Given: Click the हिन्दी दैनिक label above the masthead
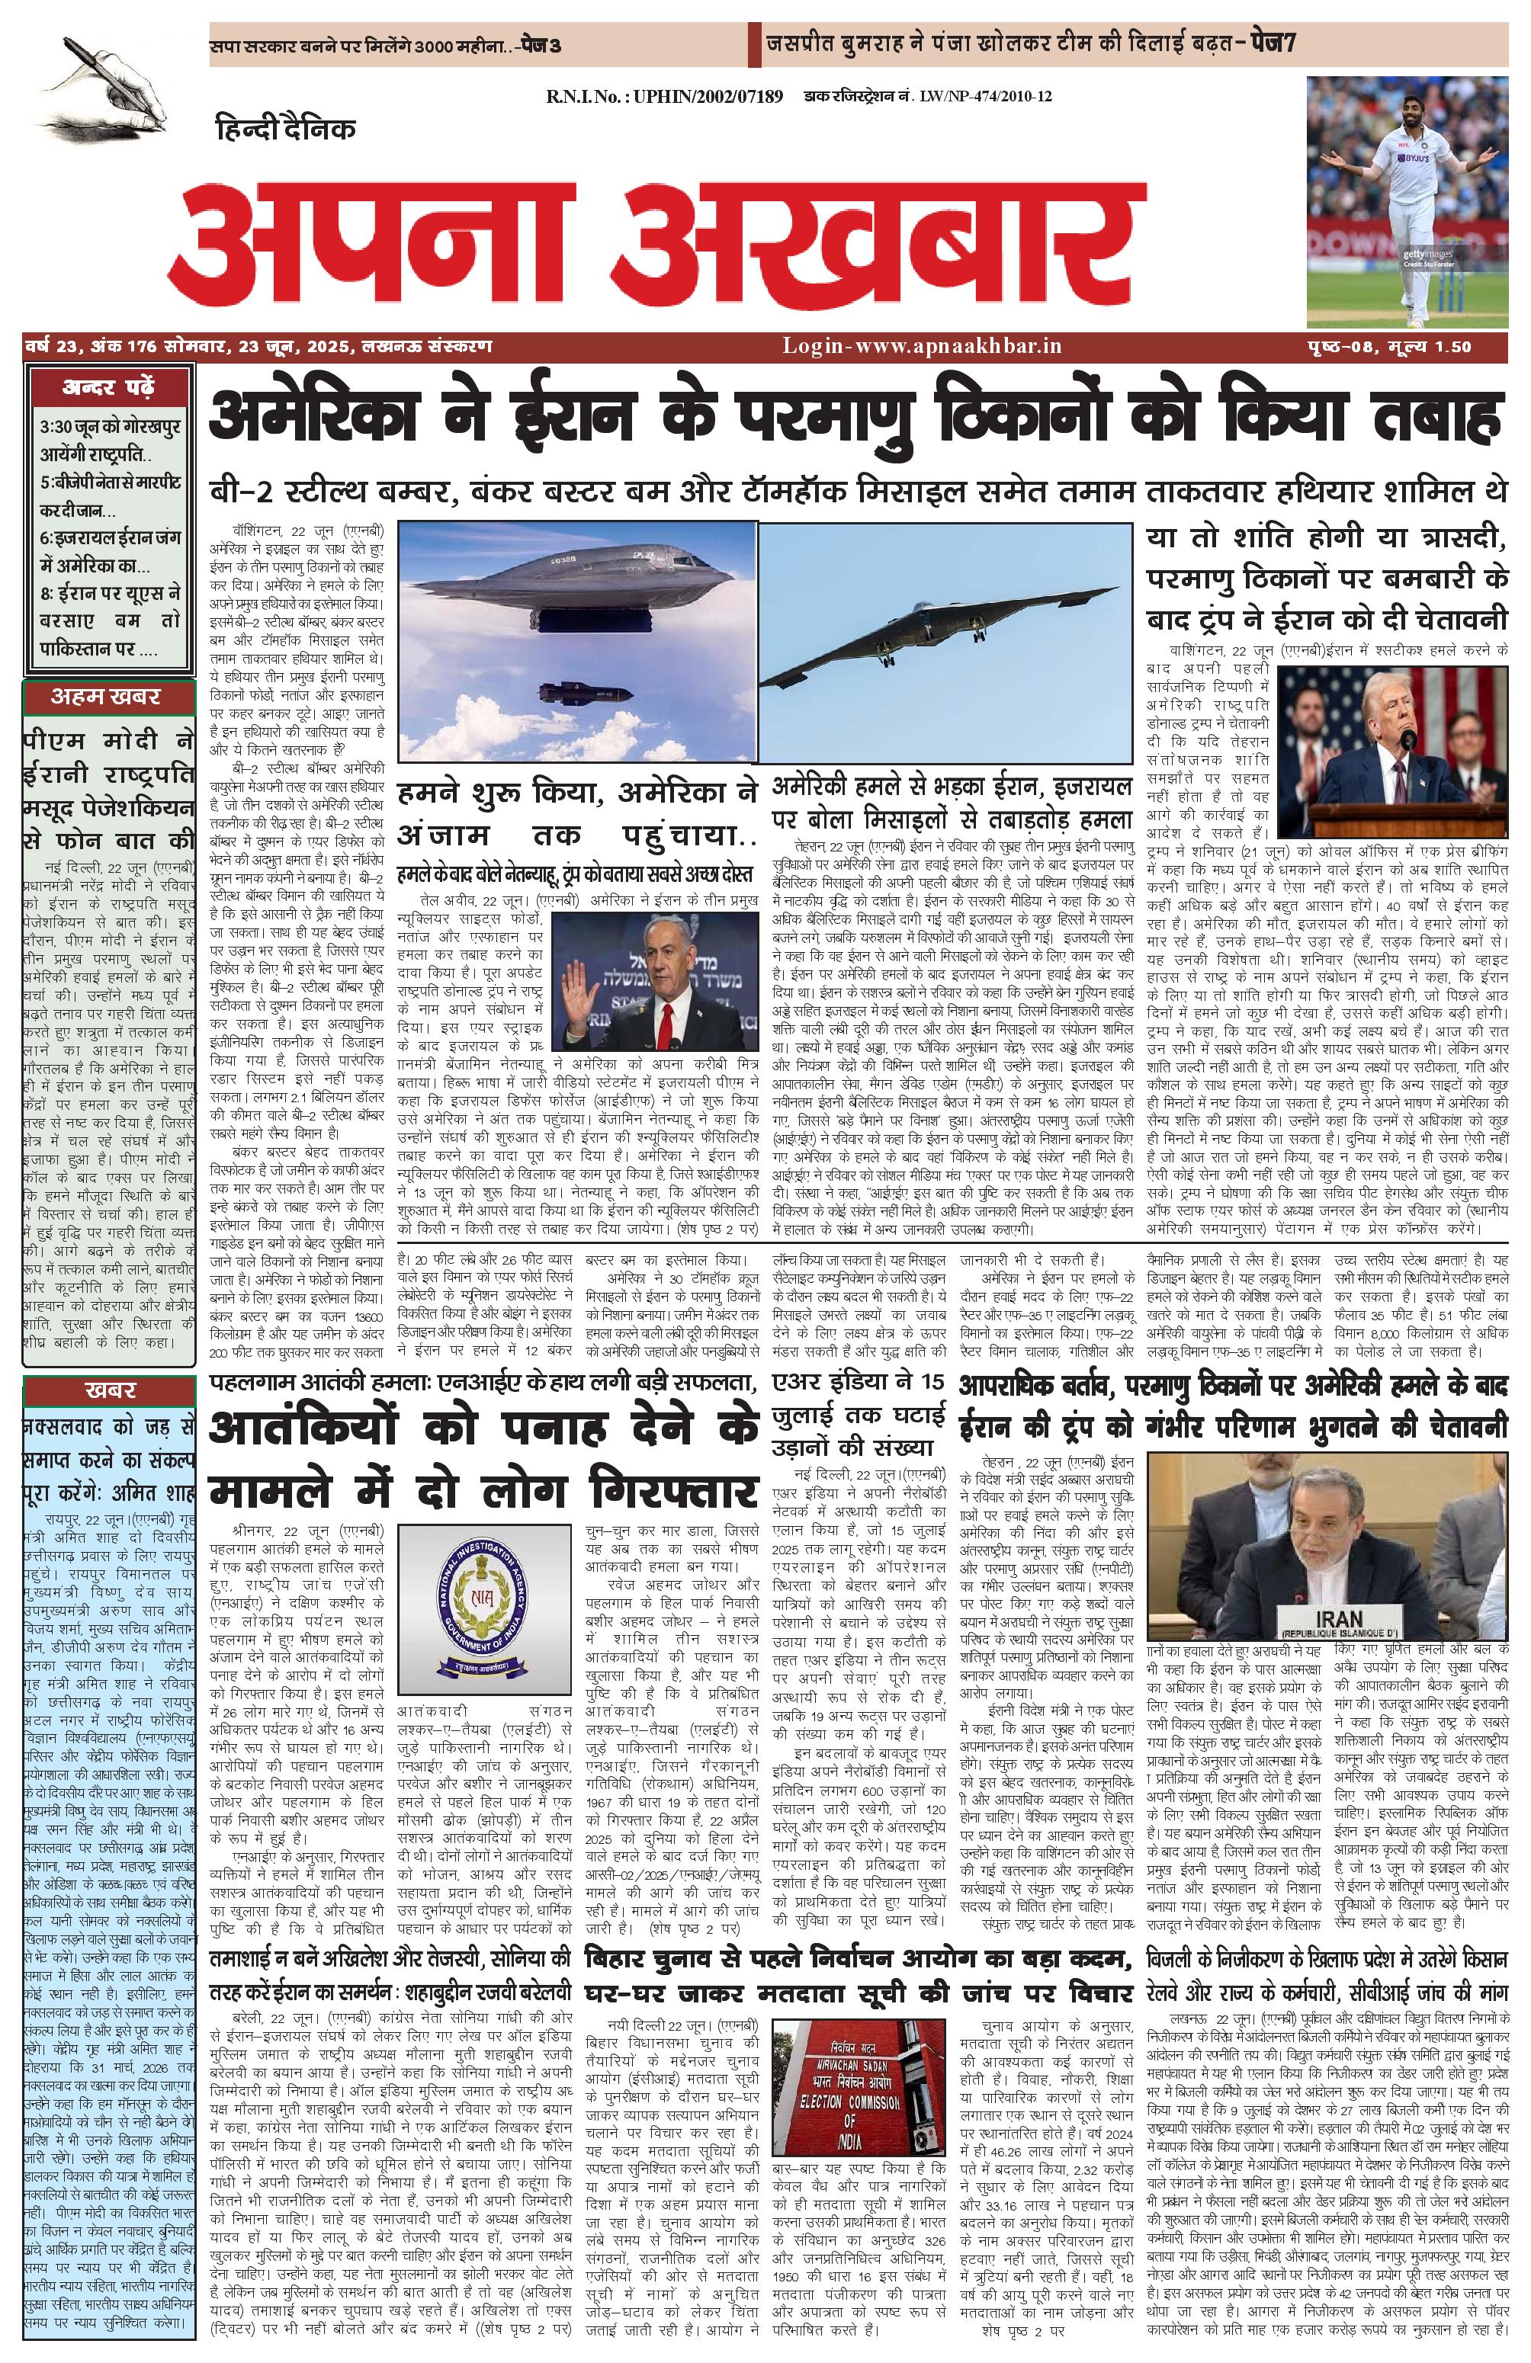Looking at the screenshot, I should click(284, 128).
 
